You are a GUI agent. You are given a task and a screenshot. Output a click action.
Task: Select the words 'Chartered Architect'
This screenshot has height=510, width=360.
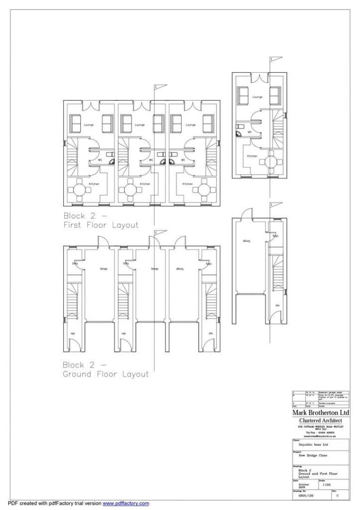point(320,421)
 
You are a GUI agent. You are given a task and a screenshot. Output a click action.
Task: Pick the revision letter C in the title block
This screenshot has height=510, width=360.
point(338,496)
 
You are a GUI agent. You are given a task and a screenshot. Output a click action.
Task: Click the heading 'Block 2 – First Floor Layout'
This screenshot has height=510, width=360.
point(101,221)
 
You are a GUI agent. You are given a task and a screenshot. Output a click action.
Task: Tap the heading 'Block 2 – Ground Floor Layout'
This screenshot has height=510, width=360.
point(106,370)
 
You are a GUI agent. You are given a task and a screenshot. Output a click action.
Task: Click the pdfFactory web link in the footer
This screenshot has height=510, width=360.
point(125,504)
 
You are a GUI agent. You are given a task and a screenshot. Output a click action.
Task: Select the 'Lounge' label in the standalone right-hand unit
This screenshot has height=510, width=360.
point(257,97)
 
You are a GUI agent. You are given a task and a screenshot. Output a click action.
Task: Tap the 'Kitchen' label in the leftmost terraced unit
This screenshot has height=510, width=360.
point(94,184)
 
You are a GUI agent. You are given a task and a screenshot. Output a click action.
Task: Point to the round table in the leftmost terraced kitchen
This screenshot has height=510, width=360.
point(80,190)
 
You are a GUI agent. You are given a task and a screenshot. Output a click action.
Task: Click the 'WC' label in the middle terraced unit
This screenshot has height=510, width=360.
point(150,160)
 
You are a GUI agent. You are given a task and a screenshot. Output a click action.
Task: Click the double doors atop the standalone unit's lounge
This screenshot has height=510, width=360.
point(257,77)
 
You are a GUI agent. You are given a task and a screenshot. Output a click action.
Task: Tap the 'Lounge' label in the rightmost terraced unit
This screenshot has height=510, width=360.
point(191,125)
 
